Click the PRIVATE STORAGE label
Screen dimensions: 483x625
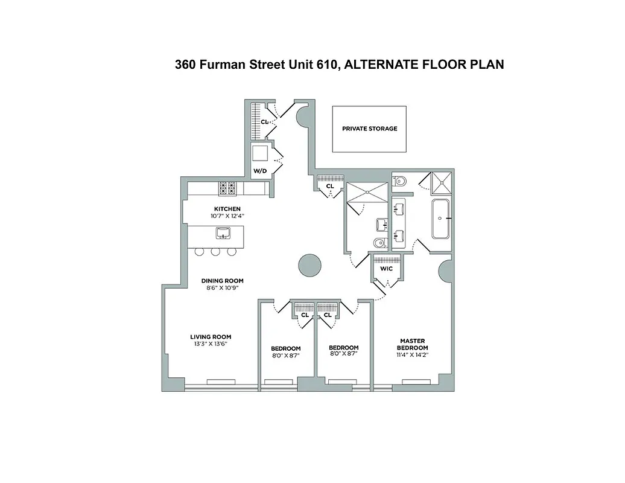369,129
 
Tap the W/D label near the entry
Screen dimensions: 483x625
259,171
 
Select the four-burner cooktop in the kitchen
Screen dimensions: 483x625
227,189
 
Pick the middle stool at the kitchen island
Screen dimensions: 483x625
215,252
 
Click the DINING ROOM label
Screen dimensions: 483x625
223,281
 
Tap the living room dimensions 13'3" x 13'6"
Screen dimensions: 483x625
211,344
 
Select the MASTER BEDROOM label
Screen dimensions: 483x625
413,344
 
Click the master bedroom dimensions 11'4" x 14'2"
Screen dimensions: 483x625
413,356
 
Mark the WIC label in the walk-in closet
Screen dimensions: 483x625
387,269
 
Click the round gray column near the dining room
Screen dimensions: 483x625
310,264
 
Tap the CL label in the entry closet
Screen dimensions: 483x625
264,122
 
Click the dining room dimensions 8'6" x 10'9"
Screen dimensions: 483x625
223,288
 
